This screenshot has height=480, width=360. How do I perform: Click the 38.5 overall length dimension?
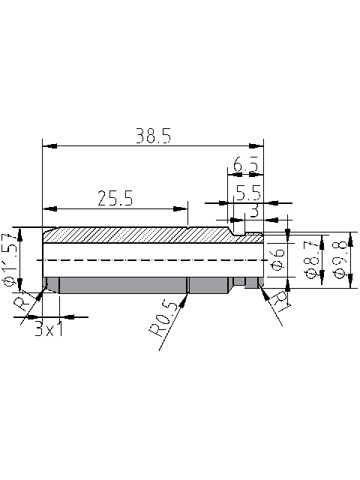coord(153,136)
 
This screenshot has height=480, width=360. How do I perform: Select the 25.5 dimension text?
coord(115,199)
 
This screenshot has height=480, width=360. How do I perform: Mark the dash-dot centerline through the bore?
coord(150,259)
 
